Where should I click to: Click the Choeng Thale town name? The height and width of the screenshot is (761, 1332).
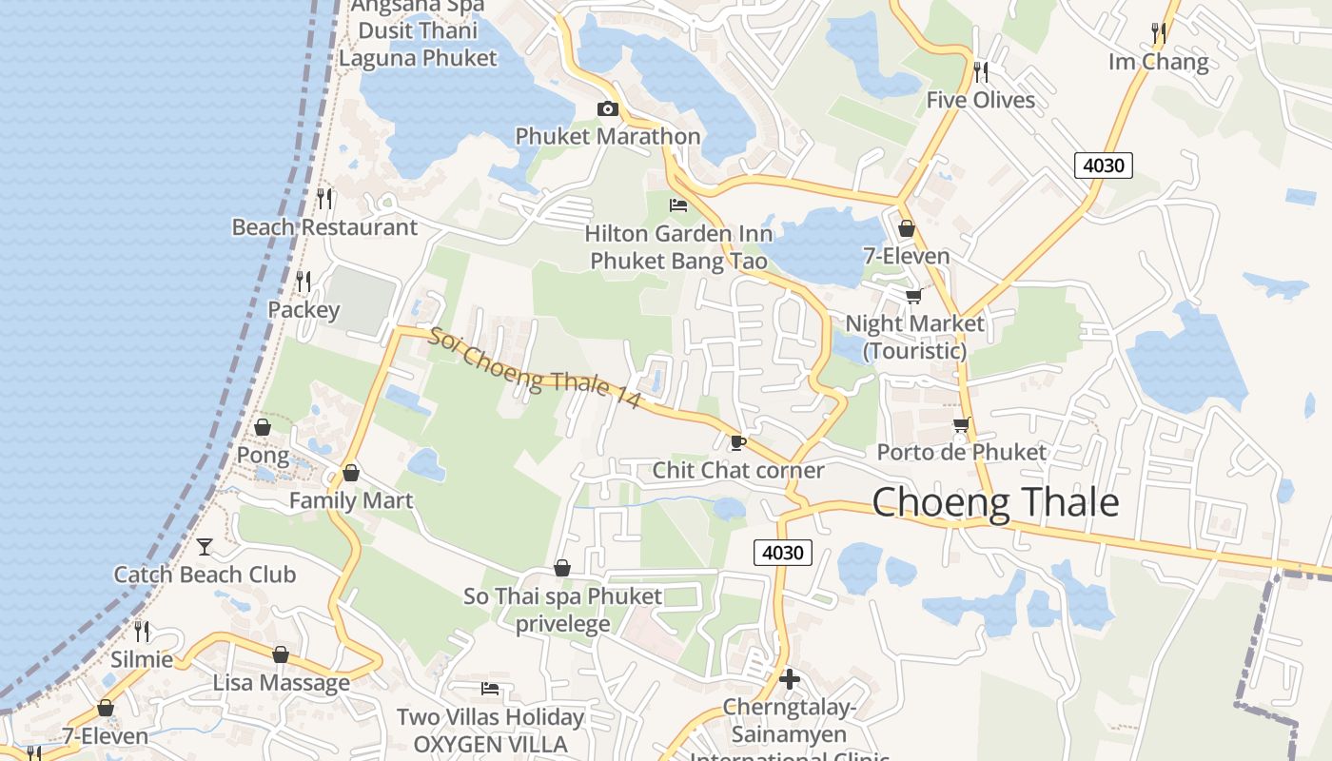(995, 502)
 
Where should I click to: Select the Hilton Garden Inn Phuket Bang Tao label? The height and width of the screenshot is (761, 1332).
(678, 247)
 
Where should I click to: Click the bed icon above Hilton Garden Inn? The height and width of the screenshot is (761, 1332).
(678, 205)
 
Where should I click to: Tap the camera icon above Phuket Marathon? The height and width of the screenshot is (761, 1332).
(607, 109)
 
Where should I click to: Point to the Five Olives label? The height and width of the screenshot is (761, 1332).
(980, 100)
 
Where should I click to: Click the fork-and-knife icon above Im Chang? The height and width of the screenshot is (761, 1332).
(1158, 33)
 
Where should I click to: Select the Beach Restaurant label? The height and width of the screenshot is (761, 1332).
(324, 227)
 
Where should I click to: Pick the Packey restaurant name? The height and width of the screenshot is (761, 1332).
(304, 310)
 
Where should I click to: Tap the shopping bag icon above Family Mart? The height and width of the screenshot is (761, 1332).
(351, 473)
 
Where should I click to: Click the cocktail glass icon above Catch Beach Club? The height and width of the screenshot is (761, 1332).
(205, 546)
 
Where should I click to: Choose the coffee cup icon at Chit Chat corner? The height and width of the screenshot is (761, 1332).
(737, 442)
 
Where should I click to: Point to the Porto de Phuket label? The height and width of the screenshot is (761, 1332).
(961, 452)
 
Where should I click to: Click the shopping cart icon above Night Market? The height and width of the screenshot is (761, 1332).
(913, 297)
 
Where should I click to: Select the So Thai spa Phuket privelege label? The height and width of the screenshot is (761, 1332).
(562, 610)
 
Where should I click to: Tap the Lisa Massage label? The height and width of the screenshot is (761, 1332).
(281, 683)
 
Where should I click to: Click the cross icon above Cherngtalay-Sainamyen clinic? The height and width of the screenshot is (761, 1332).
(789, 679)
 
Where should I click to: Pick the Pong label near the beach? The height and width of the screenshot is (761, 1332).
(263, 455)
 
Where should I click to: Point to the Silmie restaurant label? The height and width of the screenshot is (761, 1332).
(142, 659)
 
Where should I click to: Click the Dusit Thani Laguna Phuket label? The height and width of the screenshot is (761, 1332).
(418, 44)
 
